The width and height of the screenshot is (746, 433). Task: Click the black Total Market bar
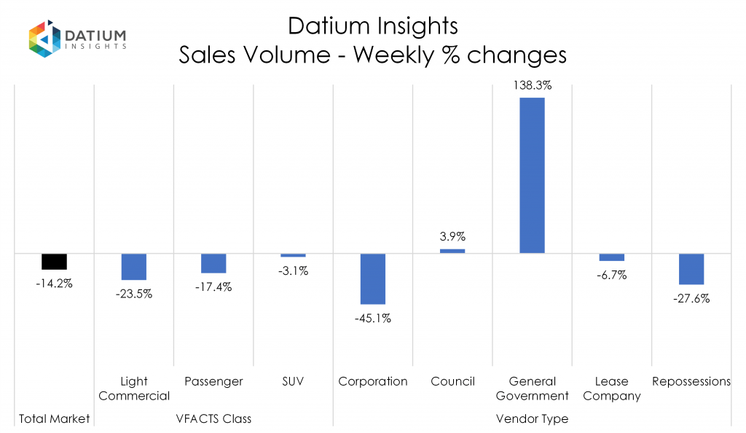click(54, 262)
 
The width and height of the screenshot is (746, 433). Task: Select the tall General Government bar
click(532, 175)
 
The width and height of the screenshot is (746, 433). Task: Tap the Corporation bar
click(372, 278)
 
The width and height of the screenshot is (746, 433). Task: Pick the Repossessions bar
click(691, 269)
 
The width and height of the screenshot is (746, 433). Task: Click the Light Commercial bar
click(133, 267)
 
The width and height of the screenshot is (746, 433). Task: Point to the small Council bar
click(452, 251)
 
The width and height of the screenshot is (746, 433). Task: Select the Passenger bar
click(213, 263)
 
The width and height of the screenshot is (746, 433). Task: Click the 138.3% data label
click(532, 85)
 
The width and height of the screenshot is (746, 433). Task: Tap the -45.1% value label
click(372, 318)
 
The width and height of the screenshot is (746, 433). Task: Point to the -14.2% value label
click(54, 284)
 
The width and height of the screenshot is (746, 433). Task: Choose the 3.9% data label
click(452, 236)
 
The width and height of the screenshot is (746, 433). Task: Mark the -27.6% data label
click(691, 298)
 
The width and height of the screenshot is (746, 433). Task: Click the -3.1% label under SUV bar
click(293, 271)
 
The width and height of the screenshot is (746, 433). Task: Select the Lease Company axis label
click(612, 389)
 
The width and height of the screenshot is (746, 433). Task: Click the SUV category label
click(293, 381)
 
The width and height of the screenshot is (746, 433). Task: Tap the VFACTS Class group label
click(213, 418)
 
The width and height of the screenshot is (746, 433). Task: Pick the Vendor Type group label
click(532, 418)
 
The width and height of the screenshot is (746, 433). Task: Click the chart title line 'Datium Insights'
click(372, 26)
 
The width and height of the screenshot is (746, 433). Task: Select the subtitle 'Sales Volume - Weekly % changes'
click(372, 55)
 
